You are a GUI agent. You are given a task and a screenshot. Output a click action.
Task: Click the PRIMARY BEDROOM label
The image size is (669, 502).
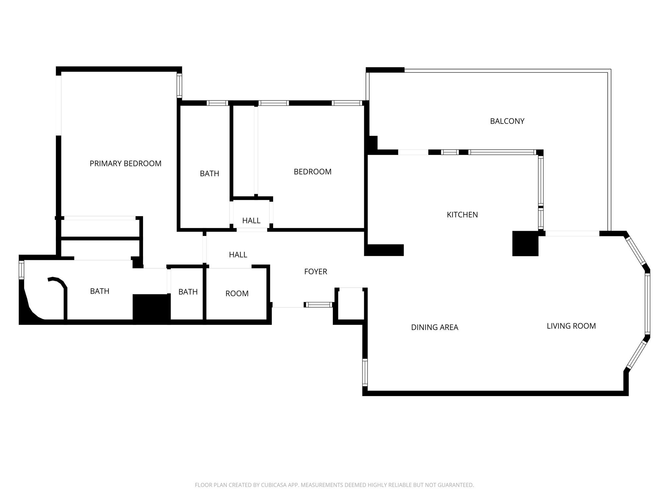125,163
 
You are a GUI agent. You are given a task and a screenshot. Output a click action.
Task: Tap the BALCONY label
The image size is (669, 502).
507,121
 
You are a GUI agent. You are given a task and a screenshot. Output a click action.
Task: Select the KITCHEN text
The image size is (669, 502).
462,215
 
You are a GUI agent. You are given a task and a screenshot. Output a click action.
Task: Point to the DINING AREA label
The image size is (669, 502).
434,327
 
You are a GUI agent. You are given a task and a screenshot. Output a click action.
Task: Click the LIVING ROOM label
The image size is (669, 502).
571,326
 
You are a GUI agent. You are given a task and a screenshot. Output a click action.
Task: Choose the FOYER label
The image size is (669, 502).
316,272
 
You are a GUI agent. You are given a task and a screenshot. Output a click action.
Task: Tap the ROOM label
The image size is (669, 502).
237,293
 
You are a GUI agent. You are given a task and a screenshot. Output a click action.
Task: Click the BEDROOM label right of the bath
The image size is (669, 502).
313,172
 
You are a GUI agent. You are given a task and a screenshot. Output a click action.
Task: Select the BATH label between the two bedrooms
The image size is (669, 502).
209,174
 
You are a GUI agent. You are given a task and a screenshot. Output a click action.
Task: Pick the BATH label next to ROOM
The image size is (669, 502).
188,292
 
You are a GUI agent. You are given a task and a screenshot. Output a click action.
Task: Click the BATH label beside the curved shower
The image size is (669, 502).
100,291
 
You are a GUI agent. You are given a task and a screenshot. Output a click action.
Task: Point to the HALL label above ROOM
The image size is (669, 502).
238,255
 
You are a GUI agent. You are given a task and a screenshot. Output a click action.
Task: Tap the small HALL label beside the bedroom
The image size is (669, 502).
251,221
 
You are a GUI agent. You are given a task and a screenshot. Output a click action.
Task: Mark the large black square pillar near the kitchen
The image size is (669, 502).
525,243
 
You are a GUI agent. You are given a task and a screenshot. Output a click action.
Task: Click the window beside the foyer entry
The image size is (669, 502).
319,305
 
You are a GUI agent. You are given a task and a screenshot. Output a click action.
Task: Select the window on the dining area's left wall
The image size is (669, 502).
365,372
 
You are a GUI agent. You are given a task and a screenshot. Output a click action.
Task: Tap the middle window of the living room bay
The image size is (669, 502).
647,304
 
